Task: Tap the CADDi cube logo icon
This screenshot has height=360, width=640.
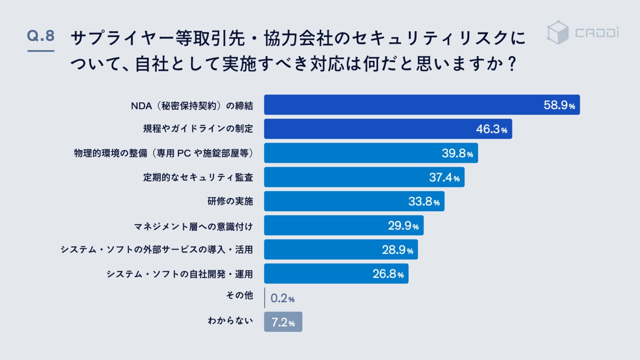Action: pos(557,32)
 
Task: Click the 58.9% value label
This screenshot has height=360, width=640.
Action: pos(559,105)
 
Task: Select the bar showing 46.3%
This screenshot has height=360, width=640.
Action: pos(388,129)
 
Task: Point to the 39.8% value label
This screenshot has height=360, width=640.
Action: pos(457,153)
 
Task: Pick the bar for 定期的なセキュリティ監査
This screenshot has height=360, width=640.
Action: pos(364,177)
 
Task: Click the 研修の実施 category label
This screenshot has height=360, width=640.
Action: pos(230,201)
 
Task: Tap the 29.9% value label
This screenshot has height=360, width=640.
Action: pos(403,226)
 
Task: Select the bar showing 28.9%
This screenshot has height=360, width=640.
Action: pos(341,250)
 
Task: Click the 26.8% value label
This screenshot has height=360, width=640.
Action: pos(388,274)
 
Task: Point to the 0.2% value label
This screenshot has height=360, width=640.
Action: pos(282,298)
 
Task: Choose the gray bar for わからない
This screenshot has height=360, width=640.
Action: pos(283,322)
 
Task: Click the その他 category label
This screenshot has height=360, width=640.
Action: pos(240,295)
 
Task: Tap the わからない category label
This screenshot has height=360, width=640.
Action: pos(230,320)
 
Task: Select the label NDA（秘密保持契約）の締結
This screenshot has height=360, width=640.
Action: pos(192,106)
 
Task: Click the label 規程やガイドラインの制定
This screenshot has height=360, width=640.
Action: pos(198,129)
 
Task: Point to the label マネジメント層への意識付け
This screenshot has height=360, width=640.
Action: pos(193,227)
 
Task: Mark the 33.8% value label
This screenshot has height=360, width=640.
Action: pos(424,201)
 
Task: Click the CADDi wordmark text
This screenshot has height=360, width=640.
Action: pos(597,32)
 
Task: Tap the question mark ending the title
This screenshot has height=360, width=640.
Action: pos(512,63)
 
